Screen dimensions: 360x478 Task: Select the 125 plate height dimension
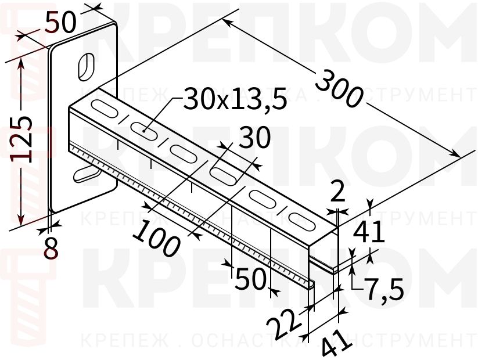(22, 138)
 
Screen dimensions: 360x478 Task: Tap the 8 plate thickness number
(51, 248)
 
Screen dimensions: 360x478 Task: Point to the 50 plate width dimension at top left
(60, 23)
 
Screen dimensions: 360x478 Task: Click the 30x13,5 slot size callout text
(235, 100)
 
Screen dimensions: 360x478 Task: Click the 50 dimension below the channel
(250, 280)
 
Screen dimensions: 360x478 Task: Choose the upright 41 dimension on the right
(369, 233)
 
